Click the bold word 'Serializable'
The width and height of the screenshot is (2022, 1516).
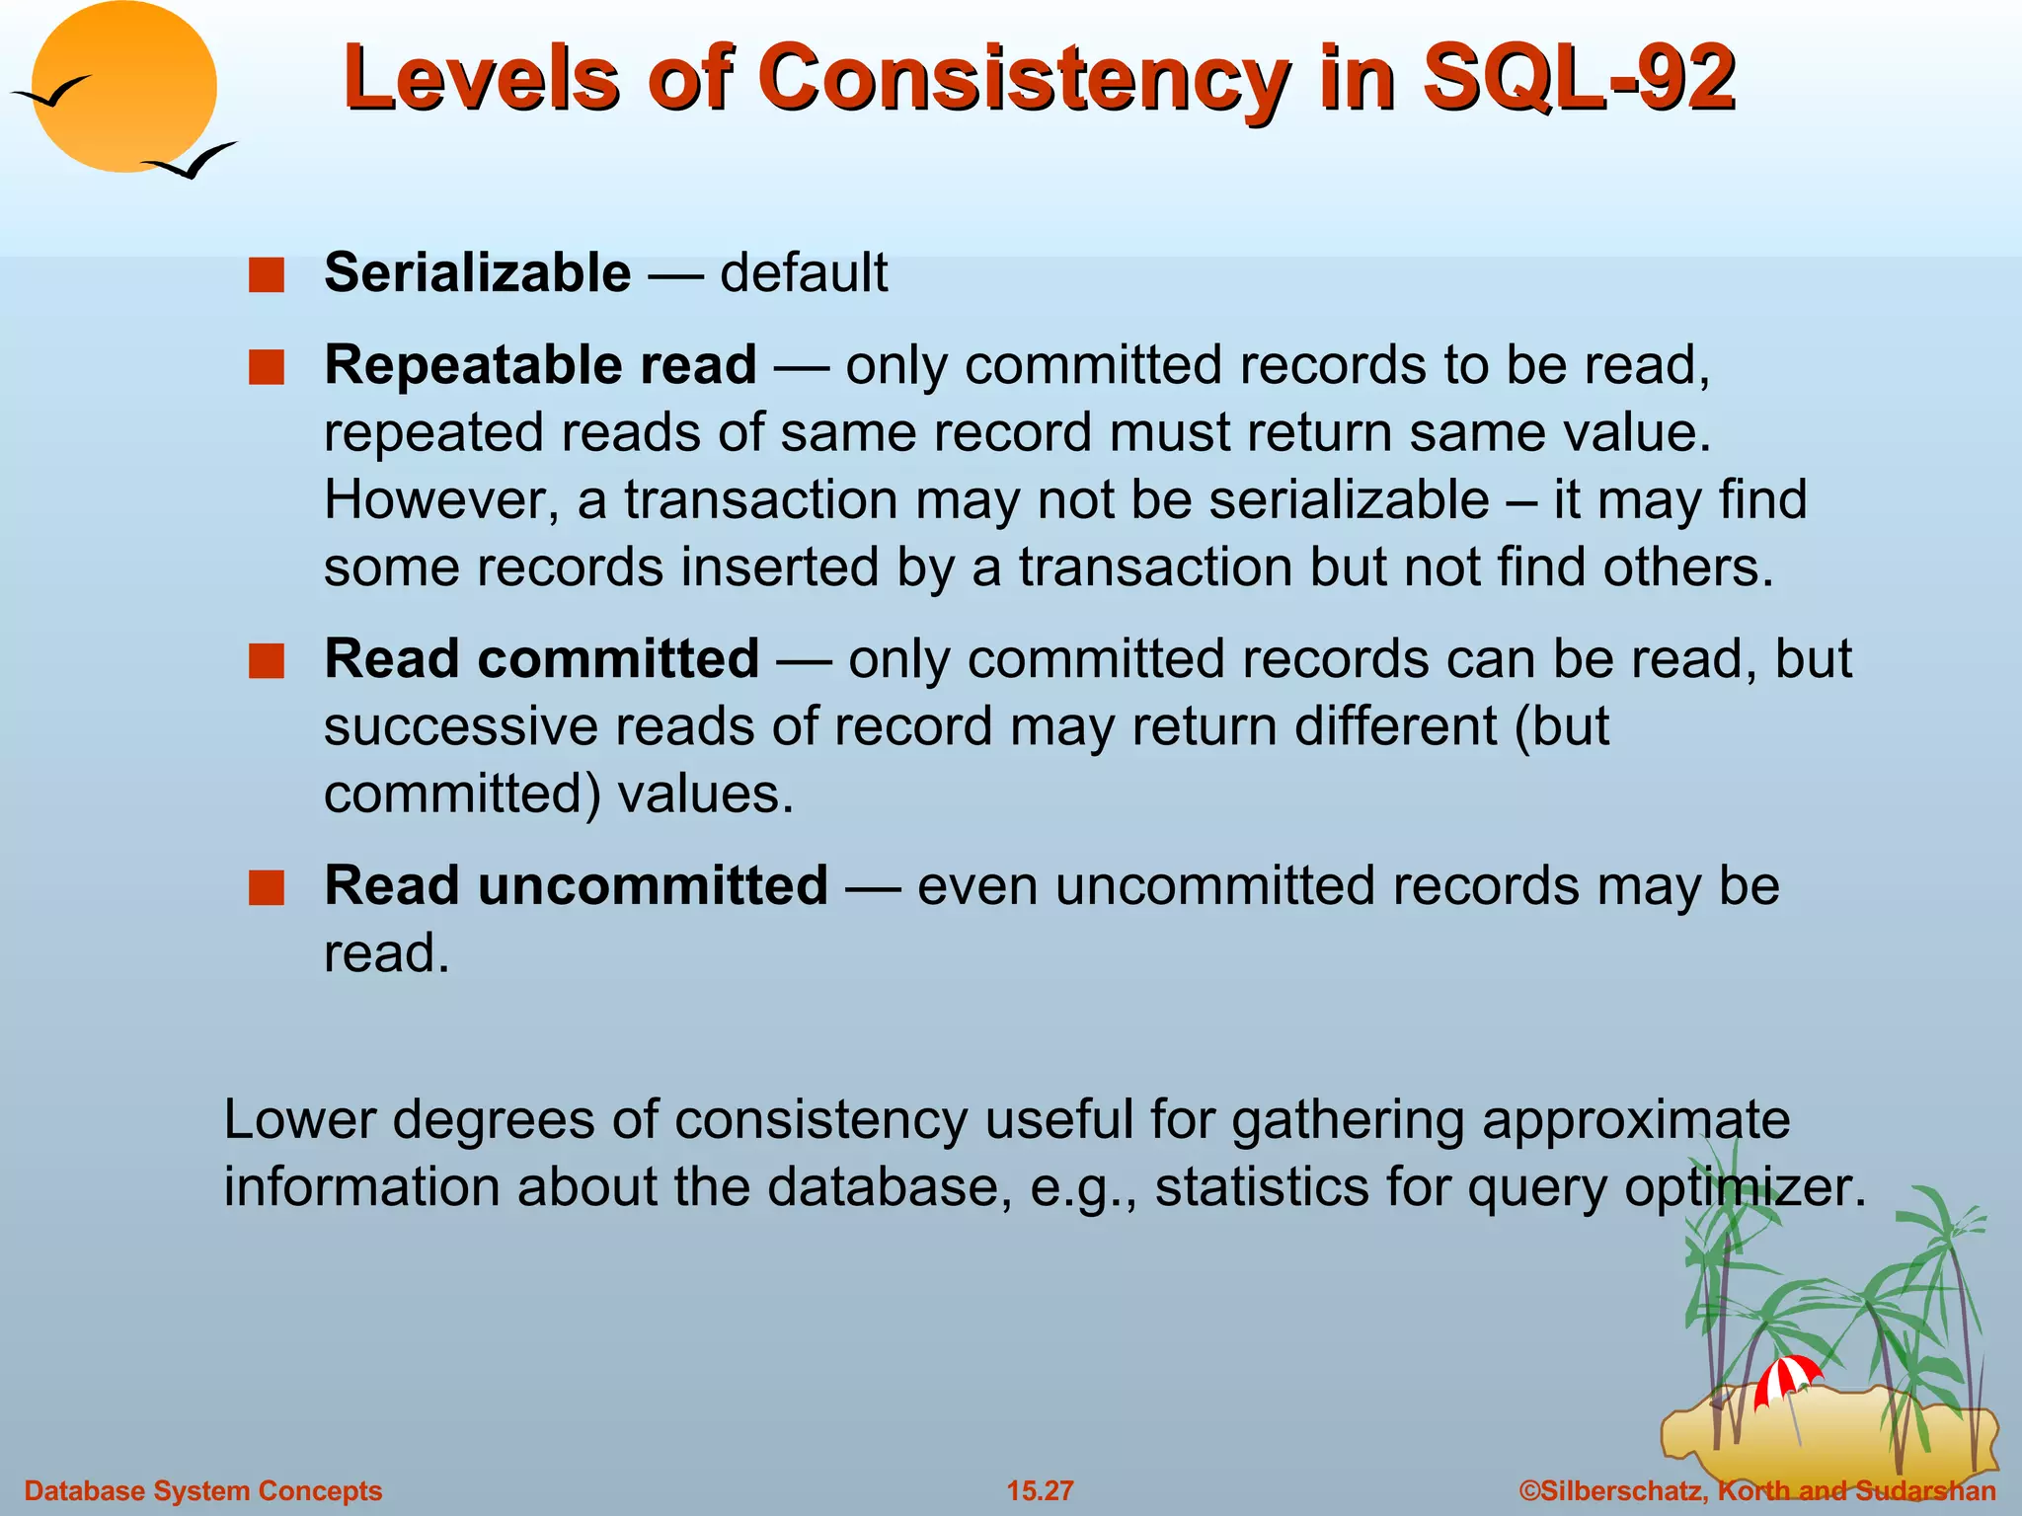pyautogui.click(x=477, y=273)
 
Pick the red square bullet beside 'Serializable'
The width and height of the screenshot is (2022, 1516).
pyautogui.click(x=266, y=275)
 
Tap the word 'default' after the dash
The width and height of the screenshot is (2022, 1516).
pyautogui.click(x=804, y=273)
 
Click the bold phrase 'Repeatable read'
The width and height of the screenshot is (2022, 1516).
pyautogui.click(x=540, y=365)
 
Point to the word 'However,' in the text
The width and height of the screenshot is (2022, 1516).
pyautogui.click(x=441, y=500)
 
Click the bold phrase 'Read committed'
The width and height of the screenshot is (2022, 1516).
pyautogui.click(x=541, y=659)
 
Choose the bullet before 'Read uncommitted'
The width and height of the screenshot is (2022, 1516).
pyautogui.click(x=266, y=887)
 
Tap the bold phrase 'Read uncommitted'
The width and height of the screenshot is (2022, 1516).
pyautogui.click(x=576, y=885)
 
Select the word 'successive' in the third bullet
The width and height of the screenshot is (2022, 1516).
pyautogui.click(x=461, y=727)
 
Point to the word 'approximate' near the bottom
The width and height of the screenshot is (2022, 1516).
pyautogui.click(x=1635, y=1120)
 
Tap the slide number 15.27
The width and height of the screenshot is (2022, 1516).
pyautogui.click(x=1040, y=1490)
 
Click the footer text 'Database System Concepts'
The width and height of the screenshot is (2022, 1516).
pyautogui.click(x=203, y=1490)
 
